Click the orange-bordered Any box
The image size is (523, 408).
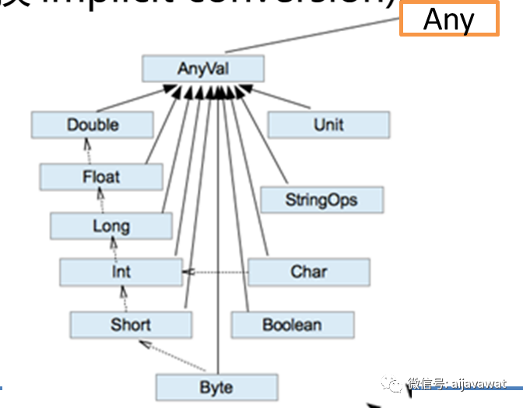click(x=449, y=19)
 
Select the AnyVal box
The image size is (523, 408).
click(x=202, y=68)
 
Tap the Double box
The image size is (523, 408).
click(x=93, y=124)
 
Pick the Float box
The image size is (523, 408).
click(x=101, y=176)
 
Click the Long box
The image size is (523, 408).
click(x=111, y=226)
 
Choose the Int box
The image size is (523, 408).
click(x=121, y=272)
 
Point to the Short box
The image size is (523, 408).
click(x=131, y=324)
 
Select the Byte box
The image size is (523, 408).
click(x=216, y=386)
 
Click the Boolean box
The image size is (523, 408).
click(x=292, y=324)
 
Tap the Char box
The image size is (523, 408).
click(x=309, y=272)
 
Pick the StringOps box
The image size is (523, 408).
click(x=321, y=200)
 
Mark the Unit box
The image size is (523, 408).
click(x=328, y=124)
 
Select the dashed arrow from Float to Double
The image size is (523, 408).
click(x=88, y=151)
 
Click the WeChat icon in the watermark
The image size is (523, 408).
click(x=396, y=384)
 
